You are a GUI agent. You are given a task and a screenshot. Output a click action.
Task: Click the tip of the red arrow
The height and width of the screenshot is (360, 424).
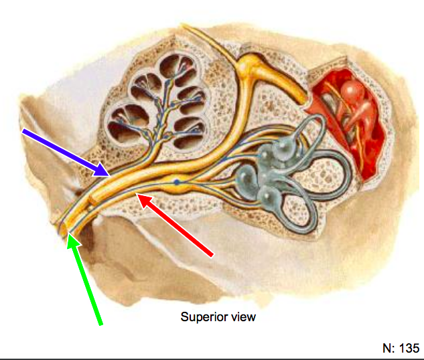[137, 194]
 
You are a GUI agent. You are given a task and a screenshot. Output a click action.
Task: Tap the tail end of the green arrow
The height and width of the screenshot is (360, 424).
[101, 325]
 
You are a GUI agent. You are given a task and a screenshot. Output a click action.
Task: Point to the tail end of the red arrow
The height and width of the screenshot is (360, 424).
[212, 255]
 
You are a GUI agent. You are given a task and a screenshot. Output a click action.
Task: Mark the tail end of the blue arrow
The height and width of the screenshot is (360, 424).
[23, 132]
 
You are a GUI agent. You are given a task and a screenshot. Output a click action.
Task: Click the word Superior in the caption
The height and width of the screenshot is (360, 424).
[202, 317]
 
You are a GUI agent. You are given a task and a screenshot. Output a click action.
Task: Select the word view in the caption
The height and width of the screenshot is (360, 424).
[242, 317]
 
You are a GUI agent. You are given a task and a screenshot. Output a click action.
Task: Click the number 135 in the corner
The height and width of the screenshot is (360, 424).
[408, 348]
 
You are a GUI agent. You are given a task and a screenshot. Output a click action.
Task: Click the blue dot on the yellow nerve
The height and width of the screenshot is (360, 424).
[177, 182]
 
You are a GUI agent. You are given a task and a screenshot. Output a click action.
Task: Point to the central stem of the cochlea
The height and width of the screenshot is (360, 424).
[161, 107]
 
